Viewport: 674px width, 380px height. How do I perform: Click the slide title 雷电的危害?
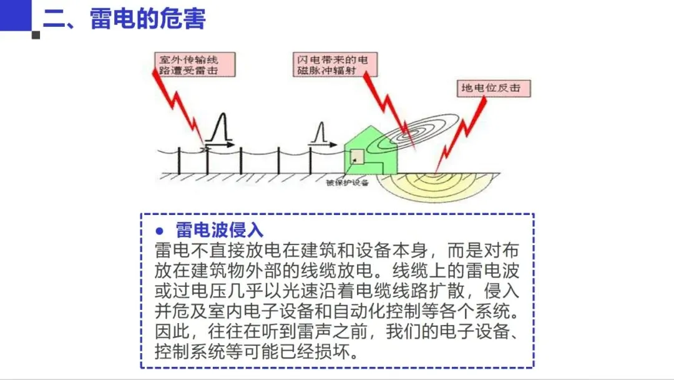[148, 18]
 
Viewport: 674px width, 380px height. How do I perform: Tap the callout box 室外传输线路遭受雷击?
[195, 64]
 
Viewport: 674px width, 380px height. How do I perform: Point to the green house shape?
[372, 153]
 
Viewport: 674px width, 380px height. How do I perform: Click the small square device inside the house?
[357, 157]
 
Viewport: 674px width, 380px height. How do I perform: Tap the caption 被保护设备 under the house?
[348, 182]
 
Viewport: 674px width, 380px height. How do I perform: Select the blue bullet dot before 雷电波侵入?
[159, 230]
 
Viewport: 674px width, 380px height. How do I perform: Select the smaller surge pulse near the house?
[320, 135]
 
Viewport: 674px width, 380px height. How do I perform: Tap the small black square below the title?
[36, 35]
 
